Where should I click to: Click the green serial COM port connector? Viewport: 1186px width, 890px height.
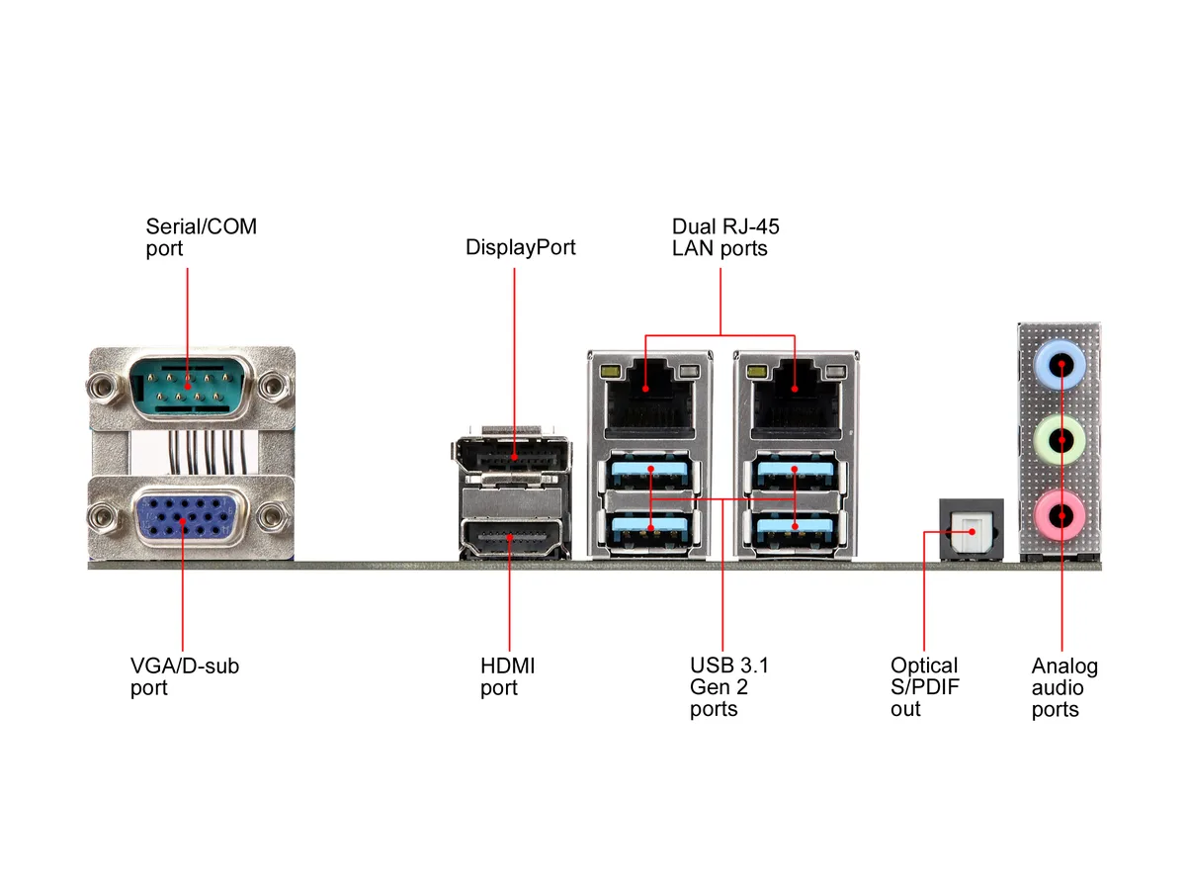coord(191,386)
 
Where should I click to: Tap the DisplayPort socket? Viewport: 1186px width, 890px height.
coord(511,455)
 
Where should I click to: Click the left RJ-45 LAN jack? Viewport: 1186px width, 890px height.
coord(649,397)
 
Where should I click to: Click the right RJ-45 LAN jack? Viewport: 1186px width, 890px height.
coord(796,397)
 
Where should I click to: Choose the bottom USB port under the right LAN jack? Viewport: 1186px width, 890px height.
coord(796,531)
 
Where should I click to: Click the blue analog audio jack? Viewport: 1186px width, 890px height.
coord(1059,364)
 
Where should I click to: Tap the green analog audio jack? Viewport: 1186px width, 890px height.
coord(1059,440)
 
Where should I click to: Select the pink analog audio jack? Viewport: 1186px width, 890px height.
coord(1059,515)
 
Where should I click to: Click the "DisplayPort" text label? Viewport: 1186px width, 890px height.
coord(520,247)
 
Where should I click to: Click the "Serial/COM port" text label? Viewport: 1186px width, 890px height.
coord(201,237)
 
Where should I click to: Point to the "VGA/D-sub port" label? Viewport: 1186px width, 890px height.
coord(185,677)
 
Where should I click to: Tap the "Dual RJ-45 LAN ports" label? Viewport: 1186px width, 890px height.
coord(725,237)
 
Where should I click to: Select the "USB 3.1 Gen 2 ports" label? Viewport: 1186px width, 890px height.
coord(728,687)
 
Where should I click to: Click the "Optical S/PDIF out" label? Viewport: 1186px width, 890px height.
coord(925,687)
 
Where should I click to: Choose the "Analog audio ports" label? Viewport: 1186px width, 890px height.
coord(1064,687)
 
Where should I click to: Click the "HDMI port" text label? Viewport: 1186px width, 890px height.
coord(507,677)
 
